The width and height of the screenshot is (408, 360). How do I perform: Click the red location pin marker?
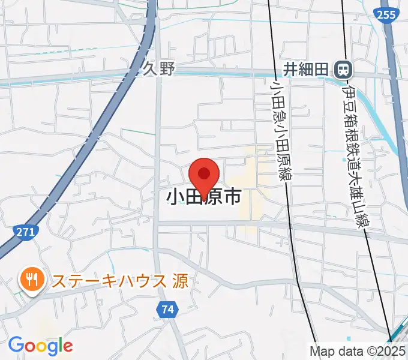(x=204, y=175)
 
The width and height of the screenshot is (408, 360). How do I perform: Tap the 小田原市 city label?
(x=204, y=197)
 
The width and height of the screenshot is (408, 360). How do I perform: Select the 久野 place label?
(x=159, y=69)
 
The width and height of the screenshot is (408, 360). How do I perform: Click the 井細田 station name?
(x=306, y=70)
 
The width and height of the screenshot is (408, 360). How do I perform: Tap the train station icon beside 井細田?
(x=343, y=70)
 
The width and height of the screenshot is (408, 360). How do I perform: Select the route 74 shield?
(x=167, y=310)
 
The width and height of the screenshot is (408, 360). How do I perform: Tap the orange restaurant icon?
(x=30, y=279)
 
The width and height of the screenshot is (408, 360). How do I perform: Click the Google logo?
(x=40, y=346)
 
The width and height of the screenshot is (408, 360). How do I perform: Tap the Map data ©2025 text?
(x=358, y=350)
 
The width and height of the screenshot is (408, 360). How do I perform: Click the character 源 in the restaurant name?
(x=180, y=280)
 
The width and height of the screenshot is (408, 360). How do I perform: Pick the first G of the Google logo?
(x=15, y=345)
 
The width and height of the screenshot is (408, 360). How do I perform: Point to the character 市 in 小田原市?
(x=232, y=197)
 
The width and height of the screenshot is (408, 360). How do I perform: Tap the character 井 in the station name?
(x=291, y=70)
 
